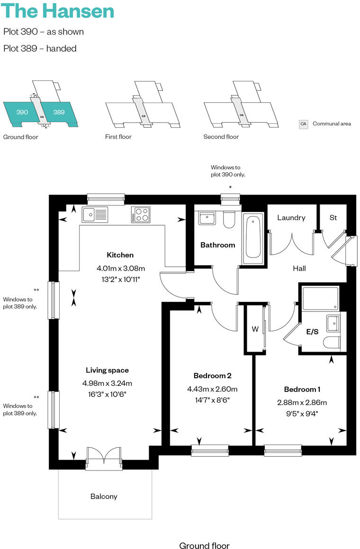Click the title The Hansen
coord(59,11)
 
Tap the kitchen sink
coord(95,214)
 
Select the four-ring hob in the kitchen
coord(141,214)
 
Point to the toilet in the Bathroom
coord(229,219)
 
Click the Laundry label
coord(291,218)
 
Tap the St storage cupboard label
coord(333,218)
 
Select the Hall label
coord(299,268)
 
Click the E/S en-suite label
coord(312,332)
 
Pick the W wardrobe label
coord(255,329)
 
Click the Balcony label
coord(104,496)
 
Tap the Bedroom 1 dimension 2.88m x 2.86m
coord(302,403)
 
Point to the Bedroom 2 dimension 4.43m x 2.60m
coord(212,389)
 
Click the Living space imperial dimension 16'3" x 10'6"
coord(107,394)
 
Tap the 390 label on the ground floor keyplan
coord(22,112)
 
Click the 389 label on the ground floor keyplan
coord(59,112)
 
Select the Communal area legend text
coord(332,124)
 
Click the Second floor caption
coord(221,137)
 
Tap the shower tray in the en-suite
coord(320,298)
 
